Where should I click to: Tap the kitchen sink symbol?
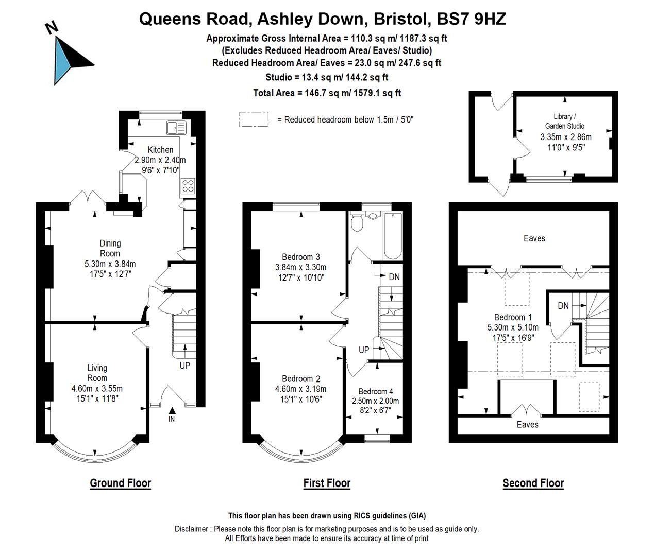coord(176,128)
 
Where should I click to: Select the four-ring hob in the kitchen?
coord(188,186)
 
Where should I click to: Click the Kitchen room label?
coord(161,149)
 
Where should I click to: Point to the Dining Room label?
coord(110,248)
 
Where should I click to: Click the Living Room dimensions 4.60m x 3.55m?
coord(97,388)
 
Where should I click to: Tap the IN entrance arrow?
coord(172,411)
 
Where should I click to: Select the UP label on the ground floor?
coord(184,366)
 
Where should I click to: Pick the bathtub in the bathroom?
coord(393,236)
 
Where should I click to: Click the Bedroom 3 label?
coord(301,257)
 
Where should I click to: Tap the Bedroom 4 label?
coord(375,391)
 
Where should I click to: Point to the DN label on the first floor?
coord(394,277)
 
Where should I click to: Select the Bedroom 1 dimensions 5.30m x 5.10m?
coord(513,327)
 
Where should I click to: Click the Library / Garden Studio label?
coord(564,121)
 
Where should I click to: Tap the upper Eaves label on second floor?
coord(534,238)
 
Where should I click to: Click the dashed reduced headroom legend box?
coord(254,119)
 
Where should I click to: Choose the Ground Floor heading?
coord(121,483)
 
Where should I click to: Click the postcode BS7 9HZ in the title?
coord(472,19)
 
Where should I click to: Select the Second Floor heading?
coord(533,483)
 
